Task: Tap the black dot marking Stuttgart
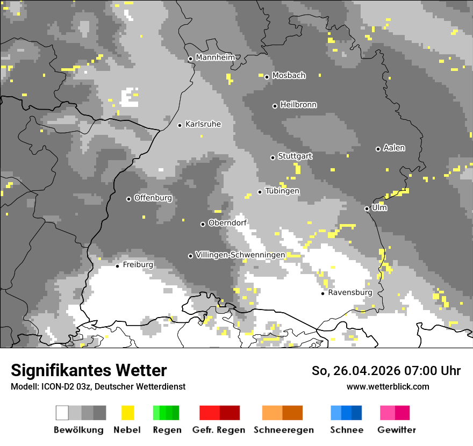point(273,157)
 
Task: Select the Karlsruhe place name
point(203,124)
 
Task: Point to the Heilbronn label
point(298,105)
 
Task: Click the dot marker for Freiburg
point(118,266)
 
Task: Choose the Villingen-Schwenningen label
point(240,255)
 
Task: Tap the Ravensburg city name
point(350,293)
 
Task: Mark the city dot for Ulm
point(367,208)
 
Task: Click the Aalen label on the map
point(394,148)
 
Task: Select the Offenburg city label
point(153,198)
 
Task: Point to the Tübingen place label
point(282,191)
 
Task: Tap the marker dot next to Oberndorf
point(203,224)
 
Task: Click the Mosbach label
point(289,76)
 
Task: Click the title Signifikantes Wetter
point(89,371)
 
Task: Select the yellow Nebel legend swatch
point(127,413)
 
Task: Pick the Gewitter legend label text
point(397,430)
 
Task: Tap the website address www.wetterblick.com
point(388,387)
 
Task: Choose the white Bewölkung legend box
point(62,413)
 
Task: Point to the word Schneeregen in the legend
point(283,430)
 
